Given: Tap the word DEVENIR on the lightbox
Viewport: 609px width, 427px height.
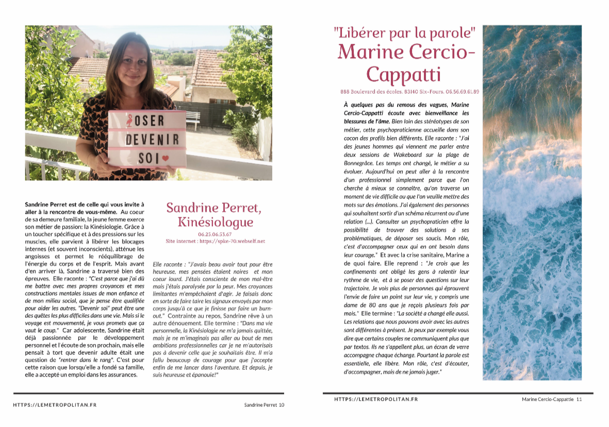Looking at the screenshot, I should (x=153, y=140).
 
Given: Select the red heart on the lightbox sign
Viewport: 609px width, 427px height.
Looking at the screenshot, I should (x=165, y=159).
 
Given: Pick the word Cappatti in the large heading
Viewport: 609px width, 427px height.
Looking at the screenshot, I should (x=404, y=74).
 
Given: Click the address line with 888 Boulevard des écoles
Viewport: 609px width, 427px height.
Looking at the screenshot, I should (x=410, y=92).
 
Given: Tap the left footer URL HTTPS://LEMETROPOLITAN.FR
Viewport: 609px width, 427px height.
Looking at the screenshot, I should (x=55, y=405).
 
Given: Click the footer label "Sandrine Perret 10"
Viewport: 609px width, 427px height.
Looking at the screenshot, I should (x=264, y=405).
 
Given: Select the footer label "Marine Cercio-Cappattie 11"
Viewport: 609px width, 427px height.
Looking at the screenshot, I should (x=551, y=399).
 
